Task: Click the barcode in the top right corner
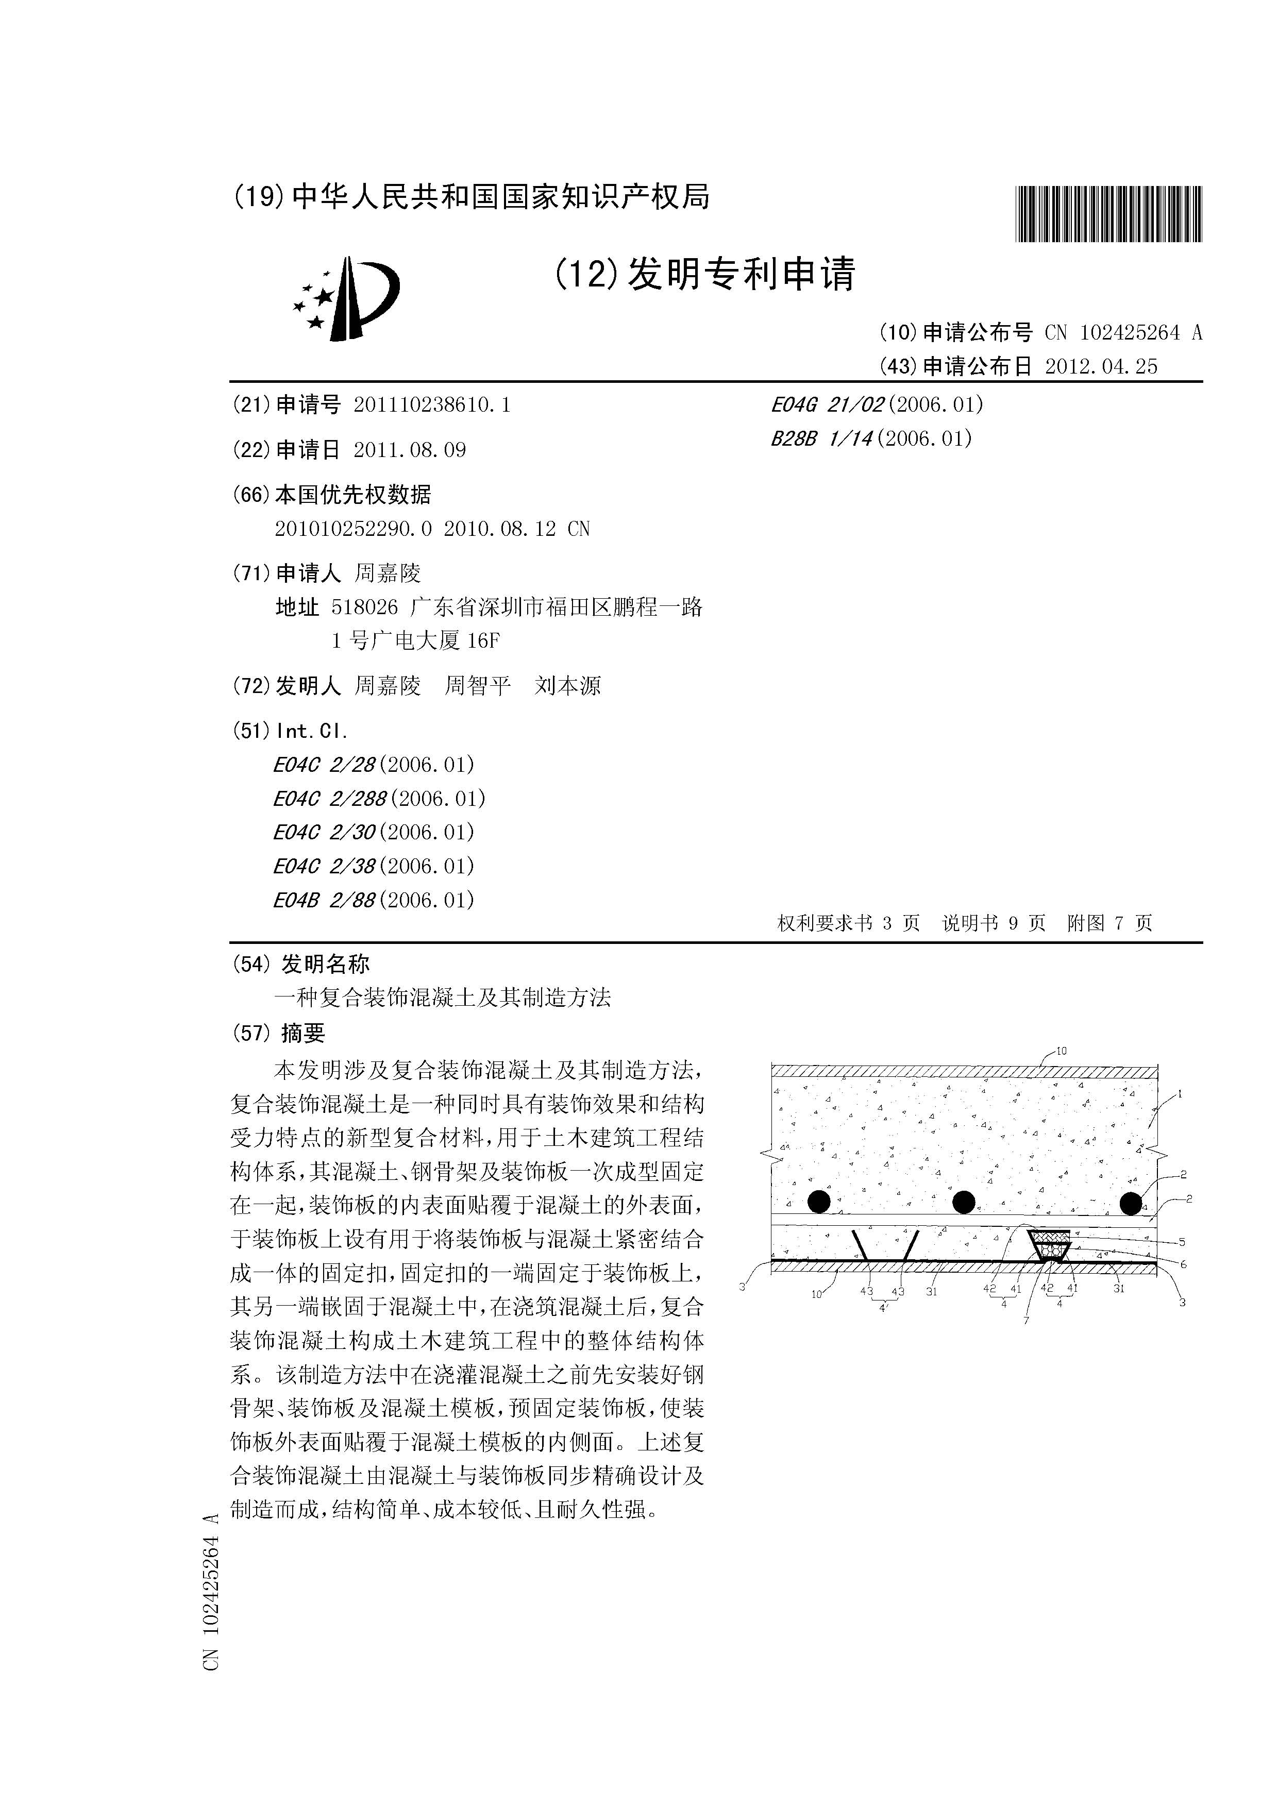click(1108, 213)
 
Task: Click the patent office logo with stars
click(346, 299)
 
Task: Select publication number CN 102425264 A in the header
click(1124, 333)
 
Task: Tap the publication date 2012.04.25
click(1101, 367)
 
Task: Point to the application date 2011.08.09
click(410, 450)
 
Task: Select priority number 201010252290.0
click(354, 529)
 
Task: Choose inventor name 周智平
click(477, 686)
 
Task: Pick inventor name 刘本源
click(568, 686)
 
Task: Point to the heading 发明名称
click(325, 964)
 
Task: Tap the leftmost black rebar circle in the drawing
click(819, 1202)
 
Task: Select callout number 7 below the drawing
click(1026, 1321)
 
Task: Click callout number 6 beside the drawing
click(1183, 1264)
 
